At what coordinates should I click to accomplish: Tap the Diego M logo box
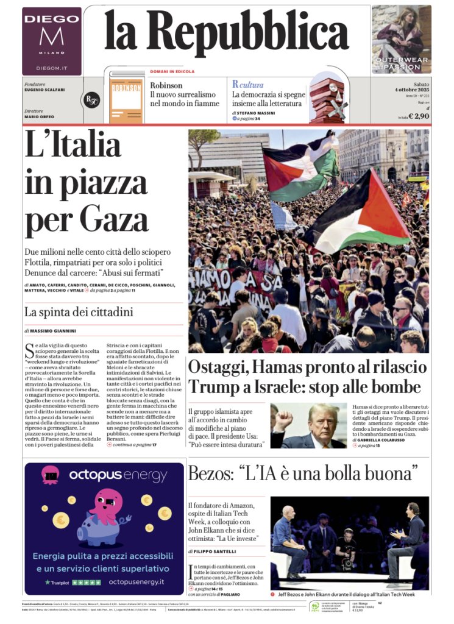click(x=52, y=40)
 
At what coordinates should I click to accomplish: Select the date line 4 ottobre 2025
click(x=413, y=90)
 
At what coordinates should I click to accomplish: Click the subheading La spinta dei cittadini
click(x=79, y=313)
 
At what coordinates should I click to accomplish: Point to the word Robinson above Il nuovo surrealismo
click(x=166, y=85)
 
